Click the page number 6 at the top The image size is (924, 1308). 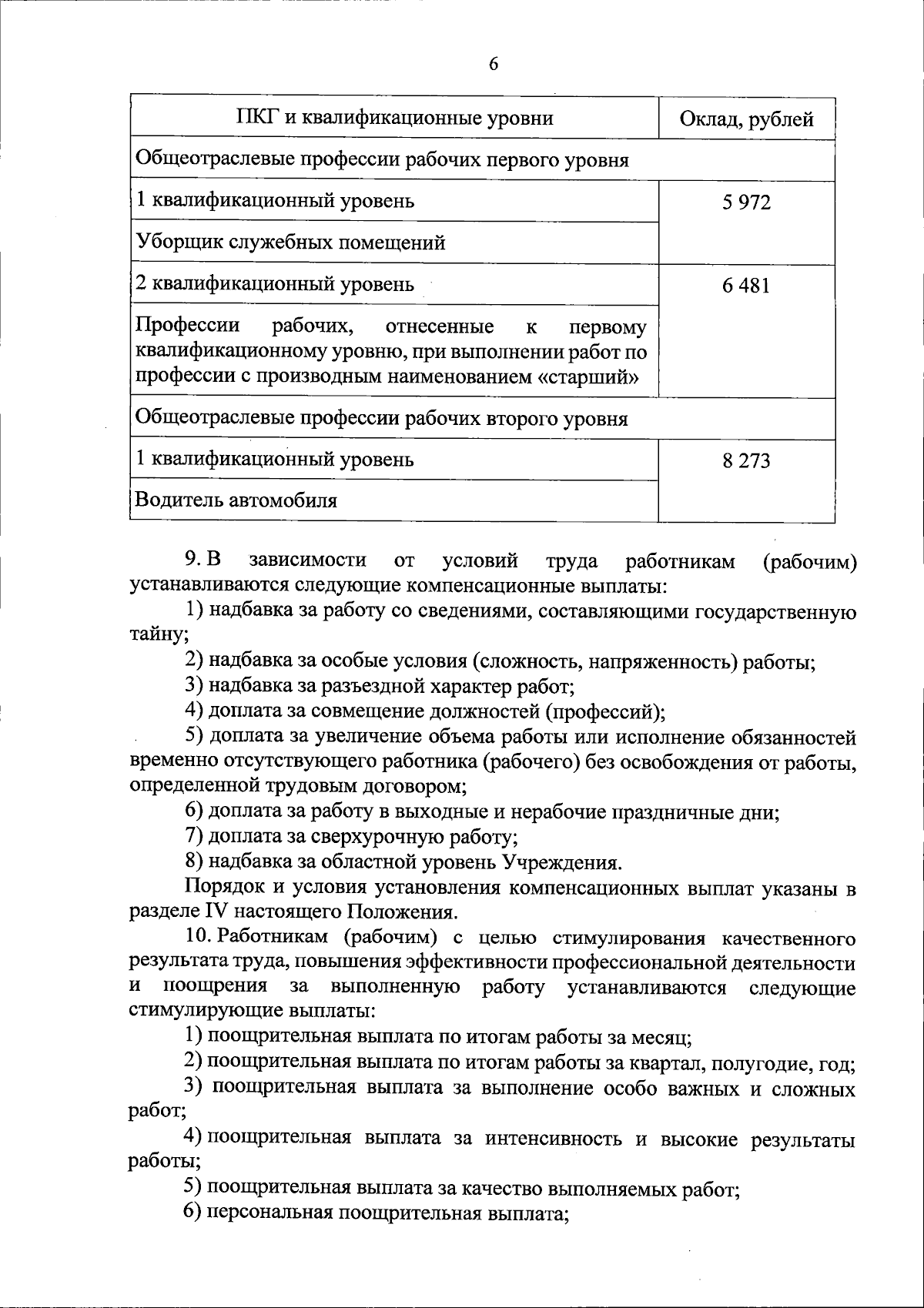point(494,65)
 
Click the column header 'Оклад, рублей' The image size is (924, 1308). point(746,119)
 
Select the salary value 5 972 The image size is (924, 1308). point(746,202)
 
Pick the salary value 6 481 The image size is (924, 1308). point(746,286)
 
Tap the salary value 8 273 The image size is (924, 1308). point(746,461)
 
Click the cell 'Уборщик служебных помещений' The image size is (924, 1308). point(290,243)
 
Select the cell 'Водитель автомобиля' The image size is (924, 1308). point(236,501)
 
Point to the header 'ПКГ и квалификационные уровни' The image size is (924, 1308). point(394,119)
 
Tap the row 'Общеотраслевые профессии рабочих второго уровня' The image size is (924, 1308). point(381,419)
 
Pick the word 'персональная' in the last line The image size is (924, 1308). point(269,1214)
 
